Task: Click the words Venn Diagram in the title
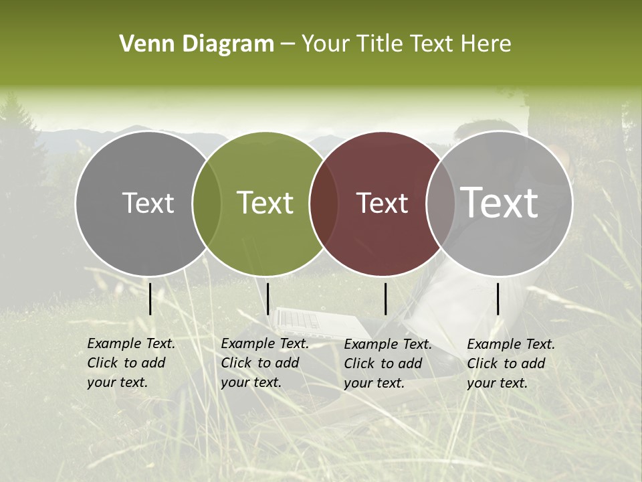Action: [x=197, y=44]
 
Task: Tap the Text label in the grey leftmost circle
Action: [x=148, y=204]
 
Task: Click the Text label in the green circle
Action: [x=265, y=204]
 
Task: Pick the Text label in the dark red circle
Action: [x=382, y=204]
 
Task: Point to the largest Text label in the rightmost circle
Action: [x=499, y=202]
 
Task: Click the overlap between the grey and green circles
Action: [x=207, y=204]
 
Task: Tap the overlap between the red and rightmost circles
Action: [x=438, y=204]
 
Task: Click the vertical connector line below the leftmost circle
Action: [x=150, y=299]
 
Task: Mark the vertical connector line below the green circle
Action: [x=267, y=299]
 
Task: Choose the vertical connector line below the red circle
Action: [x=385, y=299]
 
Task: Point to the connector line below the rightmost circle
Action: [x=498, y=299]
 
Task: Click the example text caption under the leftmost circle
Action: [x=130, y=363]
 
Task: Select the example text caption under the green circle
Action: [x=264, y=363]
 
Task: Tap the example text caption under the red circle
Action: [x=387, y=364]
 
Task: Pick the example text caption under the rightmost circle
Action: [x=510, y=364]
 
